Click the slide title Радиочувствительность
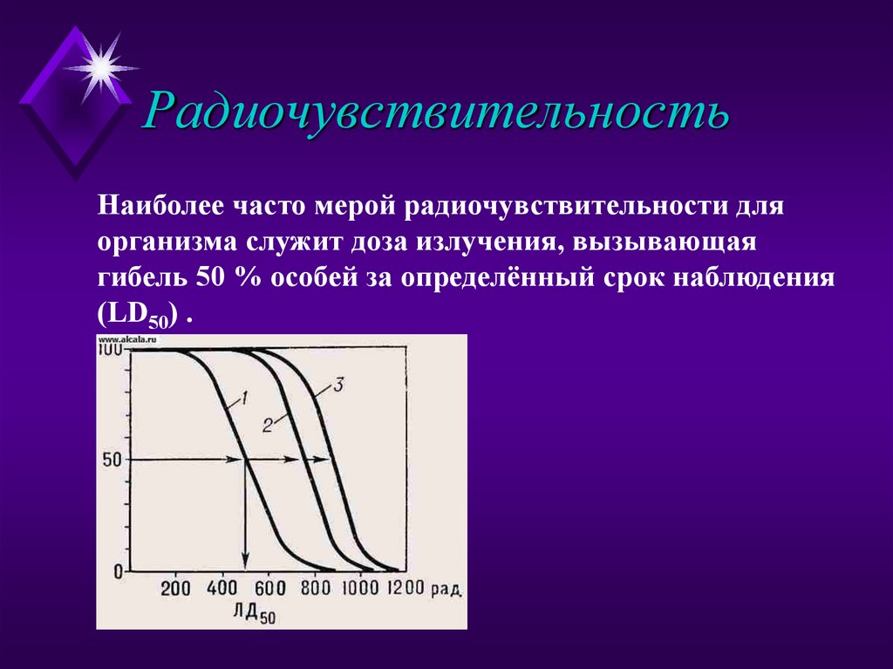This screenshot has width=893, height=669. (x=436, y=112)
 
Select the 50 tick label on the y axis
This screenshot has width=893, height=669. (x=111, y=460)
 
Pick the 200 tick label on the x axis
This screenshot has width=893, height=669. (x=176, y=588)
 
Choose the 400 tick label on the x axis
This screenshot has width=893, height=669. (x=222, y=588)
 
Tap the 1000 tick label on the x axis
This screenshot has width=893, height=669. (x=361, y=588)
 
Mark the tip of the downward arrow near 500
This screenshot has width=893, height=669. (x=245, y=568)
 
